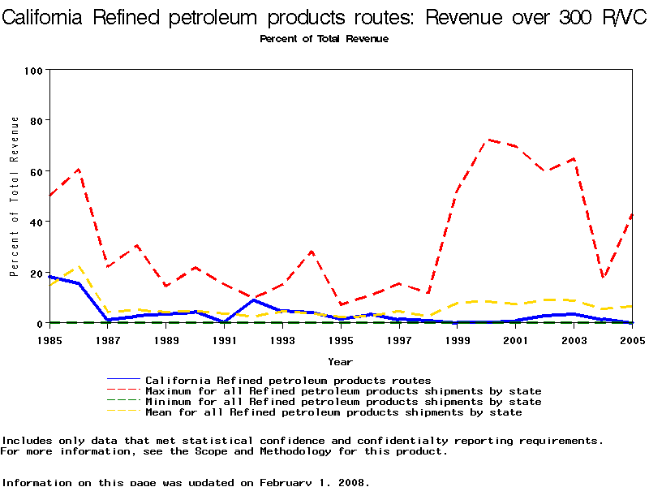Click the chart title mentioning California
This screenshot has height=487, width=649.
[324, 19]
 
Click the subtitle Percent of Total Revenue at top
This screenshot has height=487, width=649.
[324, 39]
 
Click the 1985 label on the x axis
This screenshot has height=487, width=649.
[49, 339]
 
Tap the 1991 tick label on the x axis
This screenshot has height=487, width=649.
[224, 339]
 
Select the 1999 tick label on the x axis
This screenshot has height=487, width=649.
[457, 339]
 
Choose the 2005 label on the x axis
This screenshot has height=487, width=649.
[630, 339]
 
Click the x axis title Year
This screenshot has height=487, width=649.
[340, 361]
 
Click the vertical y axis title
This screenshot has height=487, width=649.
[15, 196]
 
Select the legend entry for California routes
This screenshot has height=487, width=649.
[288, 380]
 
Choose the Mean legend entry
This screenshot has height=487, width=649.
[333, 412]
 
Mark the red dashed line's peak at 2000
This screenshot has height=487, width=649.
[487, 140]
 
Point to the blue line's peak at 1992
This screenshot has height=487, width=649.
[254, 300]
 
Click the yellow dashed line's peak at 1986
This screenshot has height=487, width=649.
[79, 265]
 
